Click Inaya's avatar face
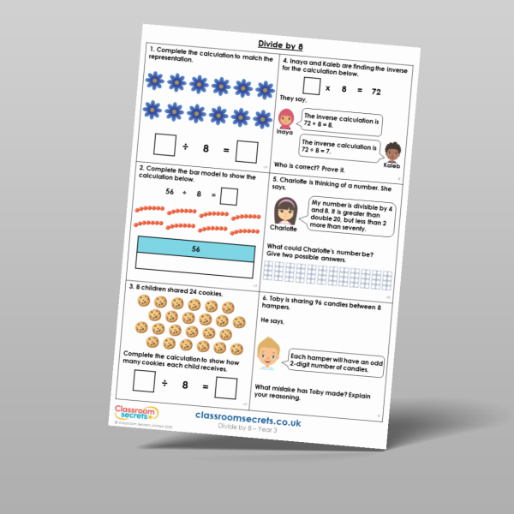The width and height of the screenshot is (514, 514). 284,118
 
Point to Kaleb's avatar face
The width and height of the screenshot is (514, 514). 392,152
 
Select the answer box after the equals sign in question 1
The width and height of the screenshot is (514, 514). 248,151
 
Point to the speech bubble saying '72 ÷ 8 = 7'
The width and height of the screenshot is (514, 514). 341,148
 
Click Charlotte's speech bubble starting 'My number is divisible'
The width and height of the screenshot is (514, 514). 343,218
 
